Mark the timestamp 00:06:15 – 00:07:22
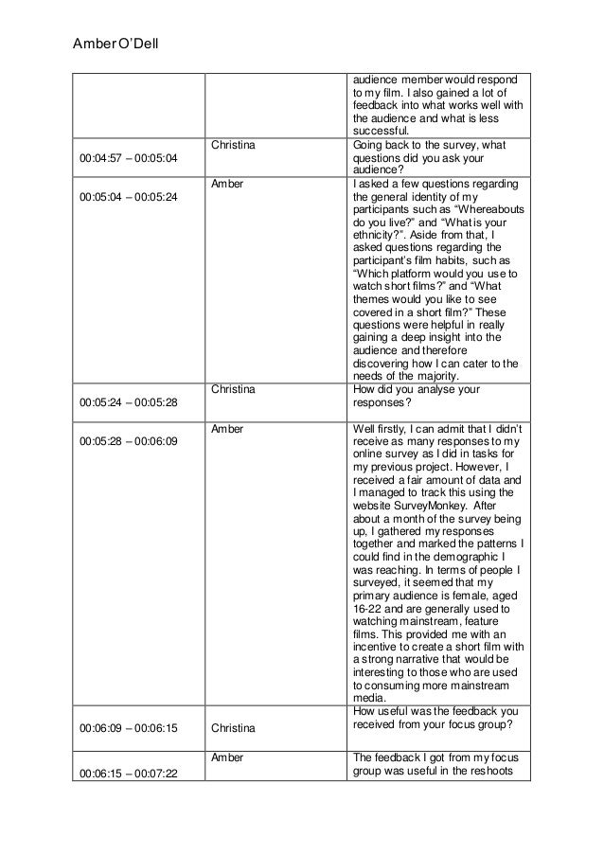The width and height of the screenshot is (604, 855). point(131,775)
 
